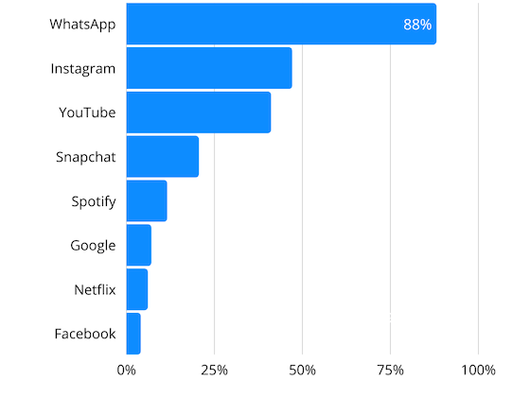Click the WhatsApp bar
tap(280, 24)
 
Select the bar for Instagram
tap(208, 68)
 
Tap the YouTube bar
tap(198, 112)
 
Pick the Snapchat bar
tap(162, 157)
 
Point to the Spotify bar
tap(146, 200)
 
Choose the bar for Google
tap(138, 245)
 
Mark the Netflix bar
tap(136, 289)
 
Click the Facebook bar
tap(132, 334)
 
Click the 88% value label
tap(417, 25)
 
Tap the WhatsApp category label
tap(83, 24)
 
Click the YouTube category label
tap(87, 112)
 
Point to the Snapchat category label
tap(85, 157)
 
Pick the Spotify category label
tap(93, 200)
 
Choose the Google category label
tap(93, 245)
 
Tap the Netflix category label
tap(95, 289)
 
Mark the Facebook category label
tap(85, 334)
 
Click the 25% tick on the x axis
tap(215, 370)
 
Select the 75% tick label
tap(390, 370)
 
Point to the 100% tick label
tap(478, 370)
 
